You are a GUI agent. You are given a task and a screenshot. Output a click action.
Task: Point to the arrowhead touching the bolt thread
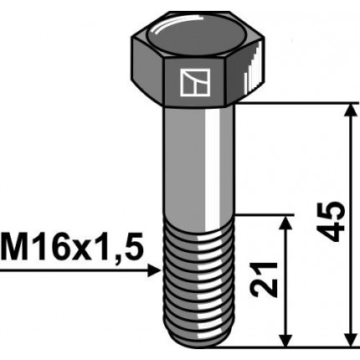[153, 270]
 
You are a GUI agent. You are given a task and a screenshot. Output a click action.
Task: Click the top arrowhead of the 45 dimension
[346, 110]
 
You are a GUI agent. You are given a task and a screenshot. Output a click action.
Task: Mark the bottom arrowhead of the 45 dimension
[346, 338]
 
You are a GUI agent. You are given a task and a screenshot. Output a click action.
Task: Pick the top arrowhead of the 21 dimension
[287, 221]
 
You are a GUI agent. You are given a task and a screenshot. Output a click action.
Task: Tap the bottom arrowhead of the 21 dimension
[287, 338]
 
